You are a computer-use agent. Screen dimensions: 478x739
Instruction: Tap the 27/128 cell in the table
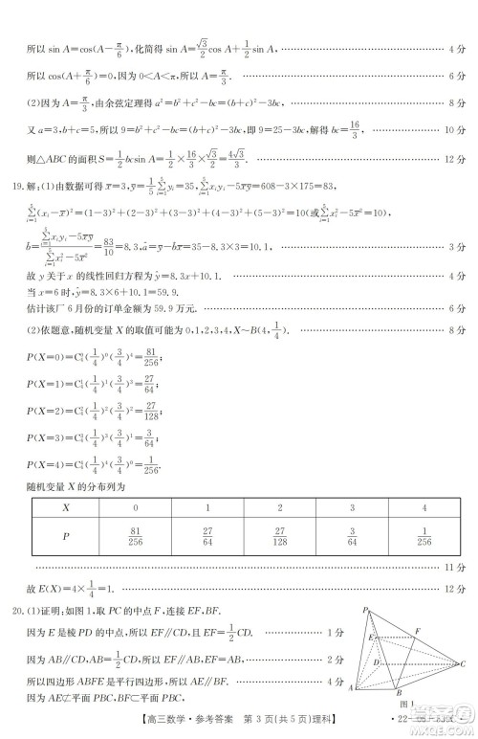click(280, 536)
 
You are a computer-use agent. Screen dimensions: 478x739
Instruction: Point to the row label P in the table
click(66, 536)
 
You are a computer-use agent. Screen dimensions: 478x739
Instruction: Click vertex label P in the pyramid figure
click(365, 610)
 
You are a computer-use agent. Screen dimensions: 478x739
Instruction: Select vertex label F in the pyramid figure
click(418, 630)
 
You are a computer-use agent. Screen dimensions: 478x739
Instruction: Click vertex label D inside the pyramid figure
click(376, 662)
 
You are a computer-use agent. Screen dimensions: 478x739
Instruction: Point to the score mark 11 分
click(454, 568)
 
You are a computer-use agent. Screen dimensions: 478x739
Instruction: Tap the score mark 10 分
click(454, 128)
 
